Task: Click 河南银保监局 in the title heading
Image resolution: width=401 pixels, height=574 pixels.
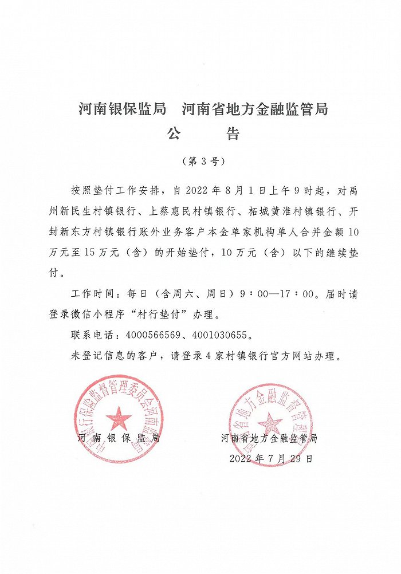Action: [x=122, y=109]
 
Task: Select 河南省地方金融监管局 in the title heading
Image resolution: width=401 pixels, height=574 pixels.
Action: [x=255, y=109]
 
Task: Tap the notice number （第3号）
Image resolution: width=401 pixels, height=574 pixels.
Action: [x=200, y=161]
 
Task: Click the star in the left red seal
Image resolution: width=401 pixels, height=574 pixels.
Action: [x=119, y=418]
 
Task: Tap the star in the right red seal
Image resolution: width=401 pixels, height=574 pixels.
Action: [x=270, y=424]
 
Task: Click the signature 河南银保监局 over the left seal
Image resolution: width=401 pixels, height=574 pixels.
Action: [x=119, y=439]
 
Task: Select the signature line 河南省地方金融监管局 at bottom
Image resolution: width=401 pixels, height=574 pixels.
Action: [x=269, y=439]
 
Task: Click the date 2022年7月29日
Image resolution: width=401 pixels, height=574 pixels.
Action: [x=271, y=459]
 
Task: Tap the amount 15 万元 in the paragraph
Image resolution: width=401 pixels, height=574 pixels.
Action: [x=94, y=253]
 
